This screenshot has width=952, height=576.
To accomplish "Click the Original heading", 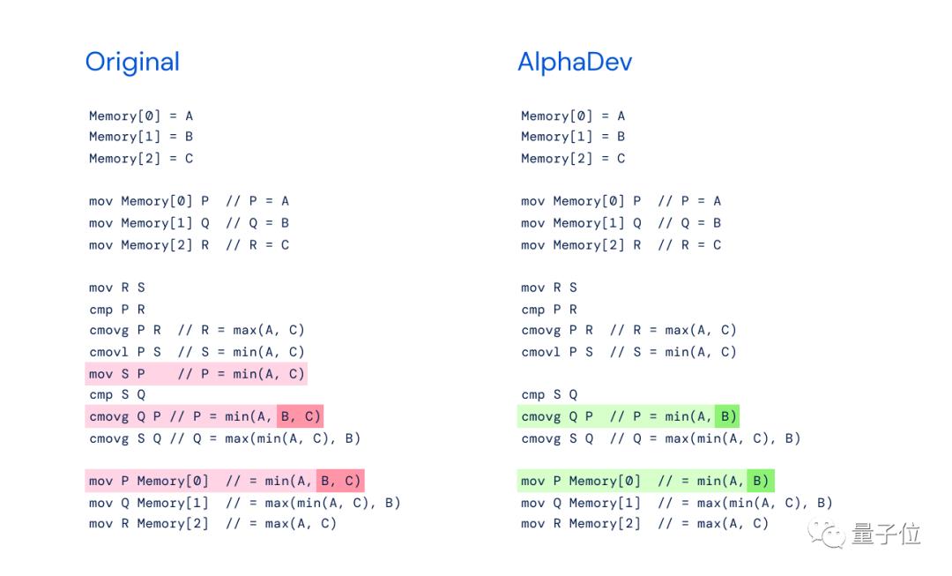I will click(132, 62).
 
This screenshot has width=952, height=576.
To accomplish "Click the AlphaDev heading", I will click(574, 62).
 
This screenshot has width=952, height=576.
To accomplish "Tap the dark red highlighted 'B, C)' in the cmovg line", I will click(300, 416).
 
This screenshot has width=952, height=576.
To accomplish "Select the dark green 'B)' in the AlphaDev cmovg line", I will click(727, 416).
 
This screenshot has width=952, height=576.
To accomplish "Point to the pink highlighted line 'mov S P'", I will click(196, 373).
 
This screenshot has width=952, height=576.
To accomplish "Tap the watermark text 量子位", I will click(885, 534).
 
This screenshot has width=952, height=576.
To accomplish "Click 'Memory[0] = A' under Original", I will click(141, 116).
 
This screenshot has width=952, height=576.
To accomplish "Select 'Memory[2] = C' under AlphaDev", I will click(573, 159).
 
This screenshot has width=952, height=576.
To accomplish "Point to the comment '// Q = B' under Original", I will click(257, 223).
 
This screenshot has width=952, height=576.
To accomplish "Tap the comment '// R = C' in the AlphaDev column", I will click(688, 245).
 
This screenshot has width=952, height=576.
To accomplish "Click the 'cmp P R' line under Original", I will click(116, 310).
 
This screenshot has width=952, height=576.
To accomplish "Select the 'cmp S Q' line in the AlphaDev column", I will click(548, 395).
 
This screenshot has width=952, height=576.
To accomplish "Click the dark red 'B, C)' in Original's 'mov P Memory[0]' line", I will click(339, 481).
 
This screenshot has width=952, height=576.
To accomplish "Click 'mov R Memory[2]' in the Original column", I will click(148, 524).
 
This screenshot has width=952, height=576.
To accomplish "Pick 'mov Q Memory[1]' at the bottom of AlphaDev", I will click(580, 503).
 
